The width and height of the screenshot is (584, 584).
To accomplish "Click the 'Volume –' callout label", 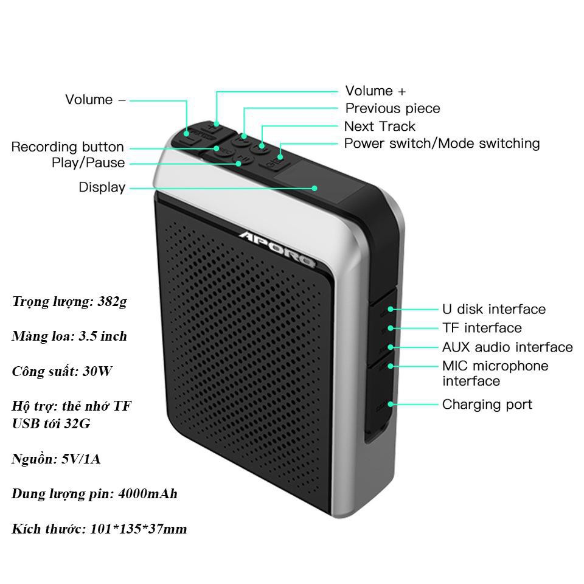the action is (x=95, y=100).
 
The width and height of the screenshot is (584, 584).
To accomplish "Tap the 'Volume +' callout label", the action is (x=375, y=91).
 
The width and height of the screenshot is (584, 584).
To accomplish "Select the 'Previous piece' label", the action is (x=392, y=109).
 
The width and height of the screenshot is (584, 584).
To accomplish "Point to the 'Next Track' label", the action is (x=380, y=127).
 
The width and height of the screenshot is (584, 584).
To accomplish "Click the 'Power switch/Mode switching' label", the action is (x=442, y=144).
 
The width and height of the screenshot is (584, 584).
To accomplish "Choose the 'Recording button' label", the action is (x=68, y=147).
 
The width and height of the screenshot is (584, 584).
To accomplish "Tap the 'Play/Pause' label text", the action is (x=88, y=163).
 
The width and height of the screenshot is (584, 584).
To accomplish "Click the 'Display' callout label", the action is (x=102, y=187).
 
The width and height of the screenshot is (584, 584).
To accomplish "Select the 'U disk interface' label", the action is (x=494, y=310).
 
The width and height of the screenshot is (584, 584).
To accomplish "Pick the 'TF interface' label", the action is (x=482, y=328).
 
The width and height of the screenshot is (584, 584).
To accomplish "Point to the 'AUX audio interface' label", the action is (x=507, y=347).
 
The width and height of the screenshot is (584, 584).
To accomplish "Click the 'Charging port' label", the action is (x=487, y=405).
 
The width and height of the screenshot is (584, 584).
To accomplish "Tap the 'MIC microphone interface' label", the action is (x=495, y=374).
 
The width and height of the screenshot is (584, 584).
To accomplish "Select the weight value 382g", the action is (x=112, y=302).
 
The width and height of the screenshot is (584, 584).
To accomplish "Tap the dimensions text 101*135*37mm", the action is (x=138, y=529).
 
